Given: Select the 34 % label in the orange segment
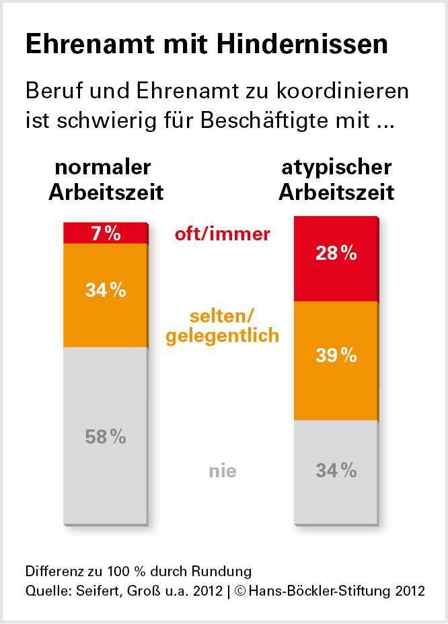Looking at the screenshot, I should tap(106, 291).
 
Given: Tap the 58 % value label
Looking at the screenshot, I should tap(106, 437).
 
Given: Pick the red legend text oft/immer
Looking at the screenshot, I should tap(222, 234).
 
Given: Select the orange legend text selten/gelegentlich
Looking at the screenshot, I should tap(222, 325).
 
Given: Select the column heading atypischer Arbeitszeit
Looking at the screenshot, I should tap(336, 180).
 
